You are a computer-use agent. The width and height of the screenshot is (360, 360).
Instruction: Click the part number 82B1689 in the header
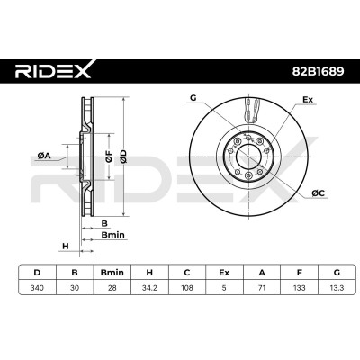pyautogui.click(x=318, y=71)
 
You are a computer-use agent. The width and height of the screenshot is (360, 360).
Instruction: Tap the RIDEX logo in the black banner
pyautogui.click(x=53, y=70)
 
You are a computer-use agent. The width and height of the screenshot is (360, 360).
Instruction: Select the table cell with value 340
pyautogui.click(x=37, y=288)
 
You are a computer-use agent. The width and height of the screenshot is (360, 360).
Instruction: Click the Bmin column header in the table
pyautogui.click(x=112, y=273)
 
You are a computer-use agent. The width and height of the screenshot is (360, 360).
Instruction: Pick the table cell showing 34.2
pyautogui.click(x=149, y=288)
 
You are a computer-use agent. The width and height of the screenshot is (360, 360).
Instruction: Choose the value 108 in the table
pyautogui.click(x=187, y=288)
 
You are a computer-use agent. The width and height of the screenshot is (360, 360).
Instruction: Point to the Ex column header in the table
pyautogui.click(x=224, y=273)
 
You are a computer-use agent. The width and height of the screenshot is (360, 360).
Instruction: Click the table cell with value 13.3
pyautogui.click(x=337, y=288)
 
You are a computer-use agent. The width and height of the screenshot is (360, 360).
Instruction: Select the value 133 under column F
pyautogui.click(x=299, y=288)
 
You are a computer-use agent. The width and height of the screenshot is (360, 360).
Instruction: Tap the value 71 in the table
pyautogui.click(x=262, y=288)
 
